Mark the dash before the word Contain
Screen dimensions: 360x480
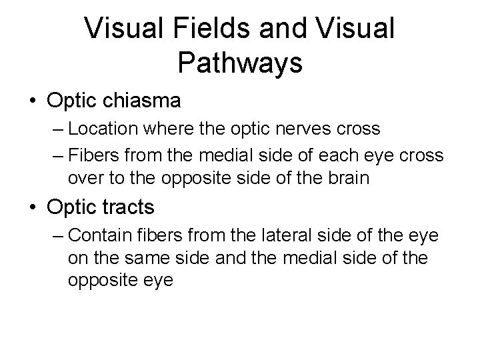click(x=57, y=236)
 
